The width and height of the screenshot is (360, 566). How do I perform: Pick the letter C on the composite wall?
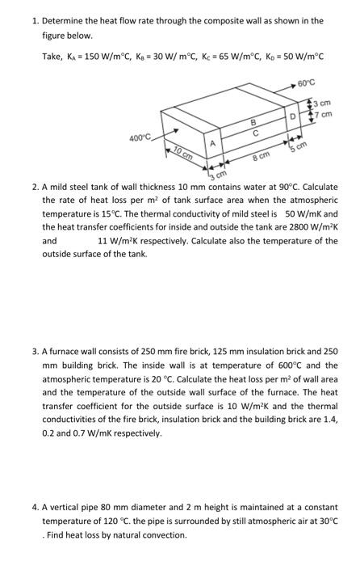coord(255,133)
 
